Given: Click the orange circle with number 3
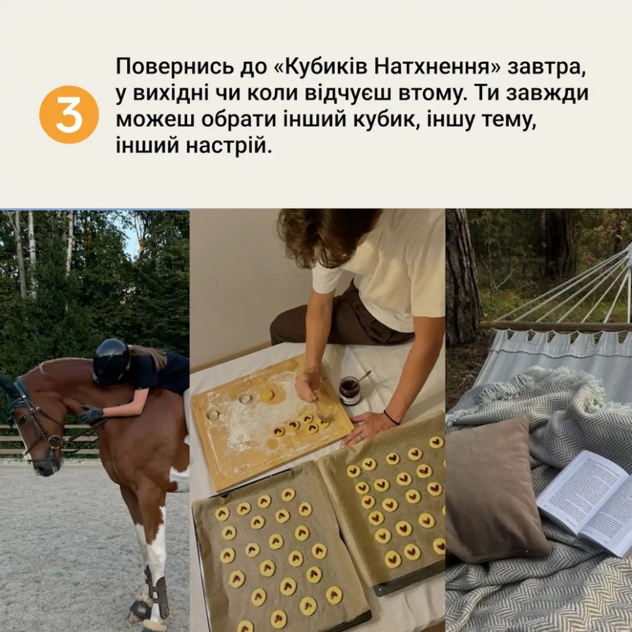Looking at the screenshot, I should click(x=69, y=114).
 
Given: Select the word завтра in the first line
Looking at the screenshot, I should click(x=549, y=66).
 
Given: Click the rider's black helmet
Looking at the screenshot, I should click(x=111, y=360).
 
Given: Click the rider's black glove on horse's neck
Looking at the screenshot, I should click(x=91, y=414).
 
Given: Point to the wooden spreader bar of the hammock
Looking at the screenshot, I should click(x=554, y=325).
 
